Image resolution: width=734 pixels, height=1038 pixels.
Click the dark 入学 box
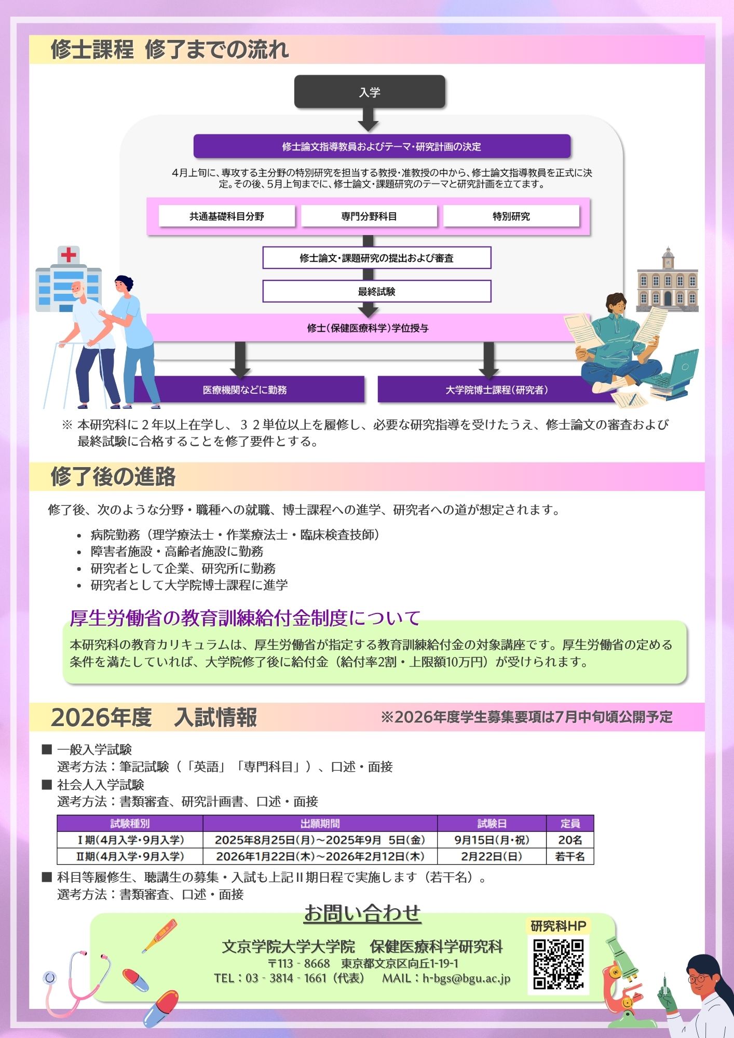[370, 92]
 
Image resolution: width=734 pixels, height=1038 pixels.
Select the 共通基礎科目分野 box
[227, 216]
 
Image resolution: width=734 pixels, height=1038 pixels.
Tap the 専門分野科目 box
[369, 216]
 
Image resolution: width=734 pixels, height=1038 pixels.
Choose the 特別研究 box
[511, 216]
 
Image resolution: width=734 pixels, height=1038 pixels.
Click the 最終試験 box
[377, 291]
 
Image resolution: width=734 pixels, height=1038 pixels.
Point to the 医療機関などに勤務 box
[245, 390]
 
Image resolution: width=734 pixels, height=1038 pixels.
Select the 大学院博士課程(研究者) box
[497, 390]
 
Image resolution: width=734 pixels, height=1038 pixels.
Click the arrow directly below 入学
[369, 120]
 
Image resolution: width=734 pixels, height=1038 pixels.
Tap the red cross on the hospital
[69, 255]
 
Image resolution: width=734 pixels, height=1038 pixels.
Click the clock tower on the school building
[668, 258]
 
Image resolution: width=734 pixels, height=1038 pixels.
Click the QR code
[559, 964]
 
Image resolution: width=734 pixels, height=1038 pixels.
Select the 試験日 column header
[492, 824]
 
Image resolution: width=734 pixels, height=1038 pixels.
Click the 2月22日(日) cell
[492, 856]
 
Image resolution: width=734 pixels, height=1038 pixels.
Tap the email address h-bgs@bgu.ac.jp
[466, 978]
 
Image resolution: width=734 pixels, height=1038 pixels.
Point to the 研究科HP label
[559, 926]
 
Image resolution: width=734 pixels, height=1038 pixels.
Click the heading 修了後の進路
[113, 476]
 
